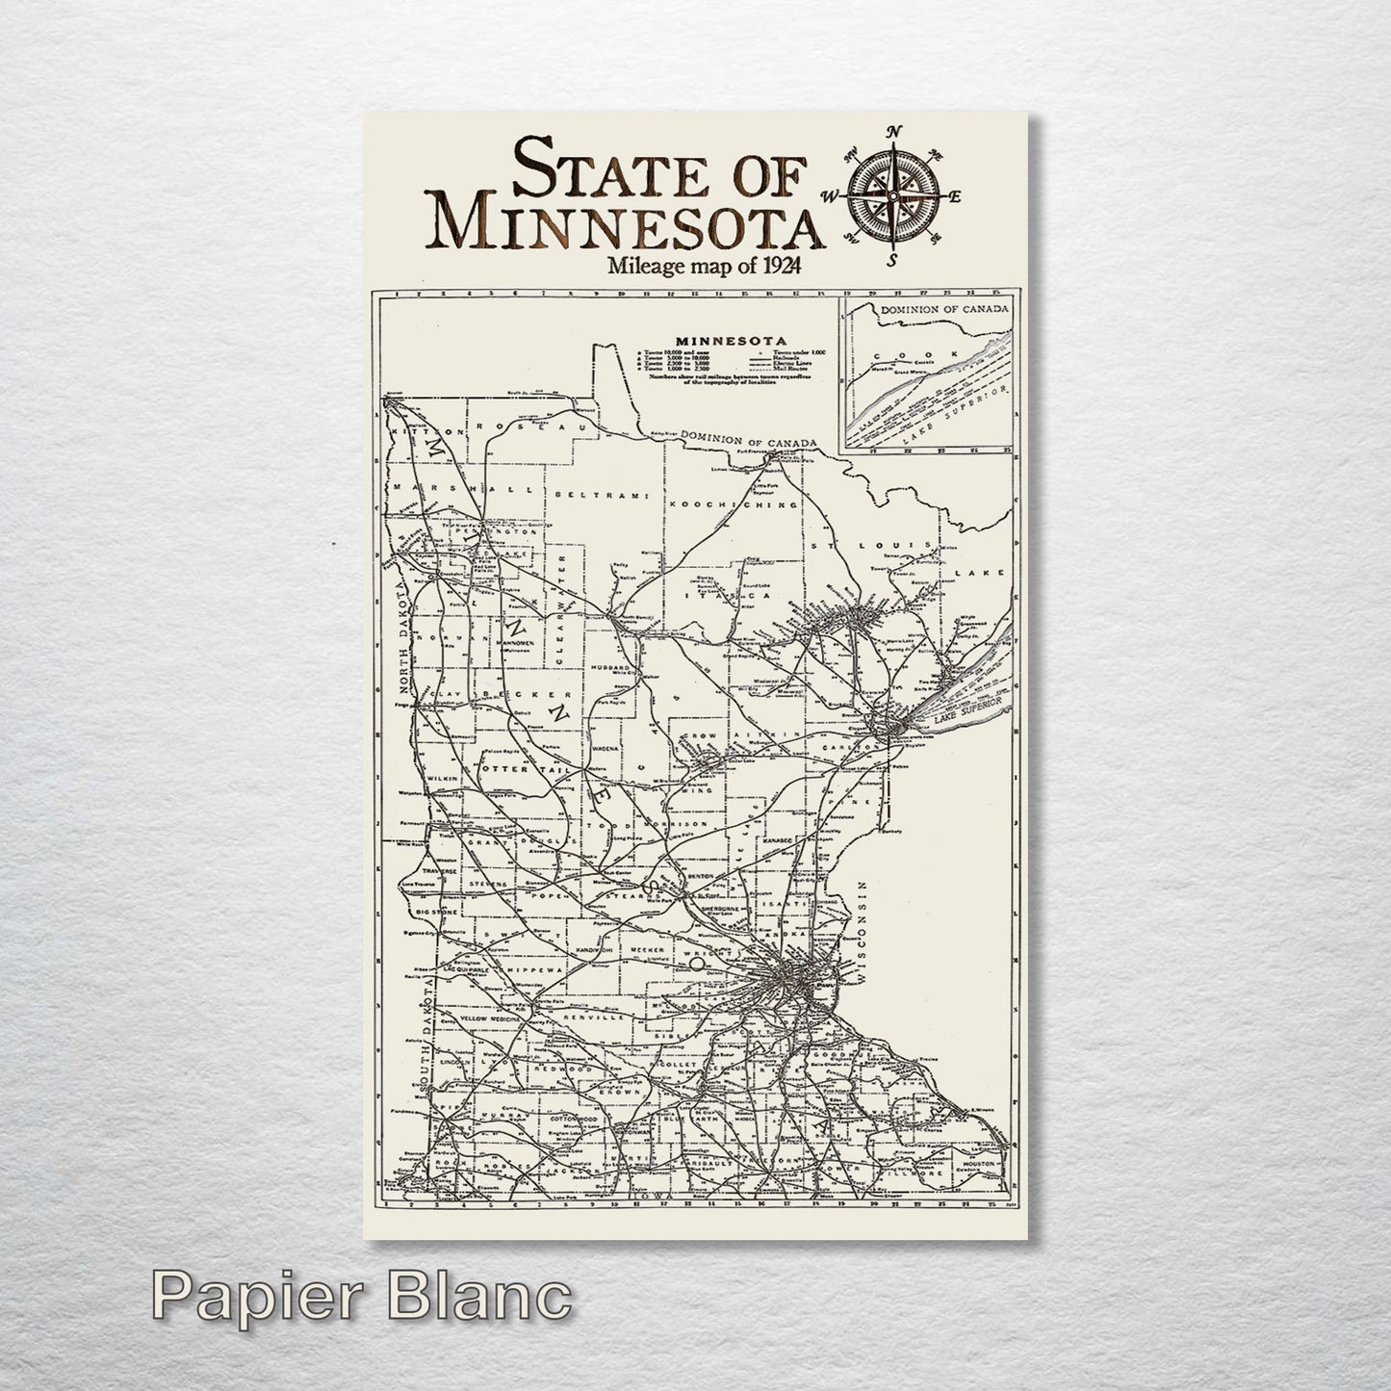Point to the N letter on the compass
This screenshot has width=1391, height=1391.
893,133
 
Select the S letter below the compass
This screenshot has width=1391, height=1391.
893,258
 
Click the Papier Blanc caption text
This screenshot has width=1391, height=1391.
362,1301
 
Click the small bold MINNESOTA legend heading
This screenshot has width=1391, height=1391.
732,340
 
